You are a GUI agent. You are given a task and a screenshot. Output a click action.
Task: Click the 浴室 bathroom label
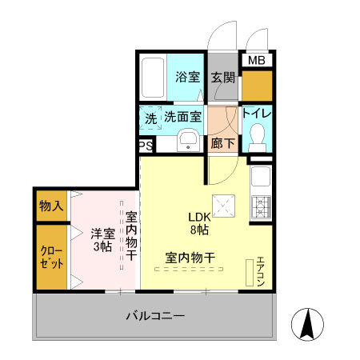[188, 78]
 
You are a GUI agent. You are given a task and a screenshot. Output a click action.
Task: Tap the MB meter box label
[256, 61]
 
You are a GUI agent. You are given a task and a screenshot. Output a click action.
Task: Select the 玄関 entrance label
[223, 78]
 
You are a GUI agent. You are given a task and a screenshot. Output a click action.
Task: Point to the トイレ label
[257, 113]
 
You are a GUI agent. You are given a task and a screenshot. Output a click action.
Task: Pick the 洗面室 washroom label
[183, 117]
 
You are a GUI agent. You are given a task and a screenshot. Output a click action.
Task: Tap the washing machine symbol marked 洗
[150, 118]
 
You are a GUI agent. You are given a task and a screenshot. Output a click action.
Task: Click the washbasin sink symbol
[189, 141]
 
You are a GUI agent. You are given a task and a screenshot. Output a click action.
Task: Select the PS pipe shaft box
[146, 146]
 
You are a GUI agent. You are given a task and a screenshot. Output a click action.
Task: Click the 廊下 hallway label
[223, 144]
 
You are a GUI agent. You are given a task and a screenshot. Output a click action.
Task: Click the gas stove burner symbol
[262, 206]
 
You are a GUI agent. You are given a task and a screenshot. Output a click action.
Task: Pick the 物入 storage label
[51, 206]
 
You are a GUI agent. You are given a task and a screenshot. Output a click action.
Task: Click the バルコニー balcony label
[155, 316]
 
